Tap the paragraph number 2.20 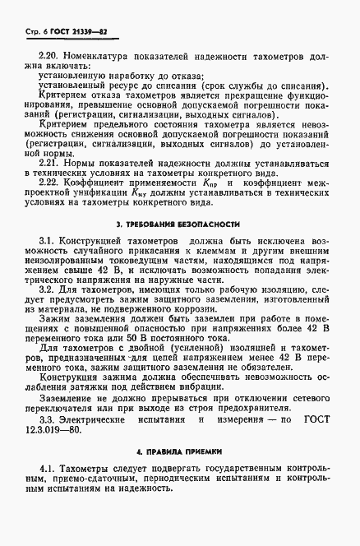pos(51,56)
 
